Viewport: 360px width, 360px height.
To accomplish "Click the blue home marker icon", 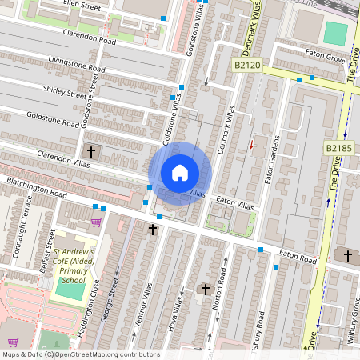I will pyautogui.click(x=180, y=173).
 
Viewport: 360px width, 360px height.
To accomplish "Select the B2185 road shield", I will pyautogui.click(x=338, y=148).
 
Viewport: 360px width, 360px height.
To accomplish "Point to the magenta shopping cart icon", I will pyautogui.click(x=97, y=222).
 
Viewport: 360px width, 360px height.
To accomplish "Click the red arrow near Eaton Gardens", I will pyautogui.click(x=251, y=145).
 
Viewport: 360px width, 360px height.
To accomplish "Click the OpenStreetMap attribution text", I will pyautogui.click(x=80, y=354).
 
